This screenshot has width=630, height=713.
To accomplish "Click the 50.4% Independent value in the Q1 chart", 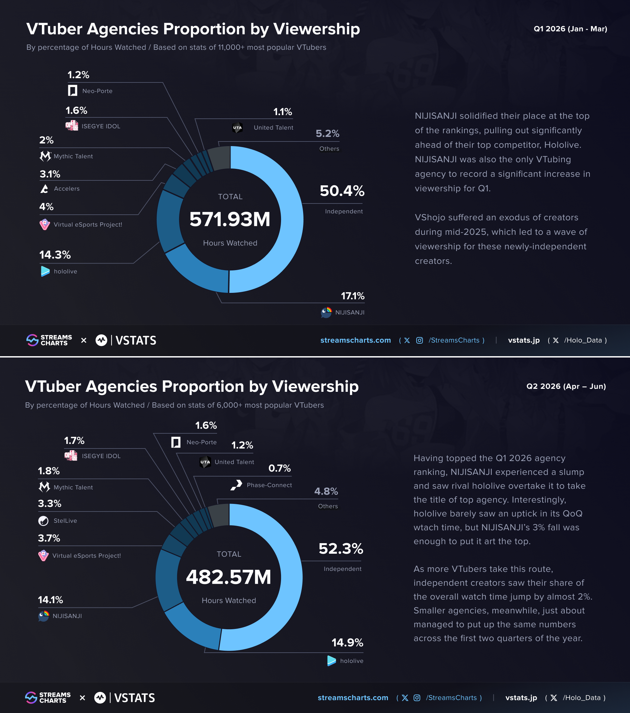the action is click(342, 191).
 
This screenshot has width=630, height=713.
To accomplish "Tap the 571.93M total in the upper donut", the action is click(230, 219).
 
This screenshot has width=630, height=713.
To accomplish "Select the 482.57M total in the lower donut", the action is click(229, 576).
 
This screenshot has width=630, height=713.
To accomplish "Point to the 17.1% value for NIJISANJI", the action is click(353, 296).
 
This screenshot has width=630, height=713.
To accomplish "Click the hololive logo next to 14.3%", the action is click(45, 271).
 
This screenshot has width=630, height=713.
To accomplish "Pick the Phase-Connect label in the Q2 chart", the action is click(269, 485).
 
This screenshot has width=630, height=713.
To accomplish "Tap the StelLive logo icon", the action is click(43, 520).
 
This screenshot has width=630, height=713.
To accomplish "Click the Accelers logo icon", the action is click(44, 189).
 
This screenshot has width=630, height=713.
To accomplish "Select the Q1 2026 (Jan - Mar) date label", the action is click(570, 29).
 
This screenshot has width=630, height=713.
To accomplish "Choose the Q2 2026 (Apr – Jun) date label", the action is click(566, 386).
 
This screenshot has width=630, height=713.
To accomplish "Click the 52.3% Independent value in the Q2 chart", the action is click(341, 548).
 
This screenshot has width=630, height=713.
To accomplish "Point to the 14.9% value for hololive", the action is click(347, 642).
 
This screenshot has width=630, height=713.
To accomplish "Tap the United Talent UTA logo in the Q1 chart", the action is click(237, 128).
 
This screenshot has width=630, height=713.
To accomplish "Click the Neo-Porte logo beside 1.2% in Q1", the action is click(73, 91).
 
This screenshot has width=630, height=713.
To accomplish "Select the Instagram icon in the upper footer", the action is click(420, 340).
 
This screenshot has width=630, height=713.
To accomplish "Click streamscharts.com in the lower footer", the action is click(353, 697).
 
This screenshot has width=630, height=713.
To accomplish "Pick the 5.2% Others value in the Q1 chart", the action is click(327, 133).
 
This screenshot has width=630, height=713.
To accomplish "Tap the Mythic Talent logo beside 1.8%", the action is click(44, 487).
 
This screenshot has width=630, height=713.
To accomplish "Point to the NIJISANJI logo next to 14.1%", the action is click(44, 616).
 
